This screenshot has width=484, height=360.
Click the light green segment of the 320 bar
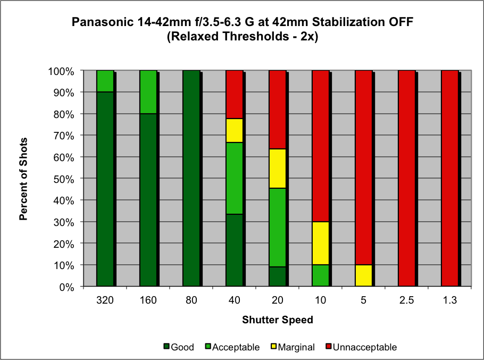[105, 81]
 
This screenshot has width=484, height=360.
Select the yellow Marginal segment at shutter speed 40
[235, 130]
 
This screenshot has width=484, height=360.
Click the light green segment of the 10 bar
[321, 275]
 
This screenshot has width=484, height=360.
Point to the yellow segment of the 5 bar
[364, 275]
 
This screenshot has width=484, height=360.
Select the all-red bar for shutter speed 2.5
[407, 178]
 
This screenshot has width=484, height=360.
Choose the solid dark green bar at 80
[191, 178]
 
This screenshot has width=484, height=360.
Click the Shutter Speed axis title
[277, 320]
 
